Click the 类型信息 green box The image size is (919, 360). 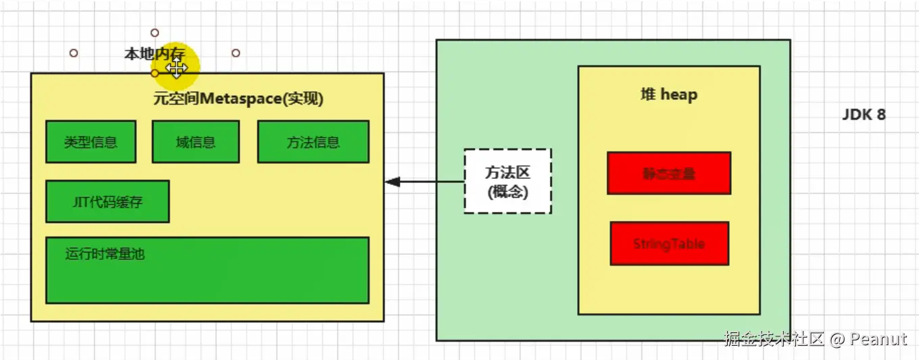click(91, 142)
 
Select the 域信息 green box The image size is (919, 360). click(195, 142)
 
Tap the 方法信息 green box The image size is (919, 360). click(313, 142)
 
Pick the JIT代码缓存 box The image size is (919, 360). click(107, 201)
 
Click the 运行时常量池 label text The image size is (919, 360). click(105, 254)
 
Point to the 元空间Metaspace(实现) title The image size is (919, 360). click(239, 99)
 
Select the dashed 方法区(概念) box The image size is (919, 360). click(507, 181)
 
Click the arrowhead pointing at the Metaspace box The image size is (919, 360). click(392, 182)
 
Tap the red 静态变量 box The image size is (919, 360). click(668, 174)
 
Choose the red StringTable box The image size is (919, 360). click(669, 243)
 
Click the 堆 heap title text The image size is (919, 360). click(668, 95)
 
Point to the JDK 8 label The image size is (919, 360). click(864, 115)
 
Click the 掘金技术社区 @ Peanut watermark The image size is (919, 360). click(815, 338)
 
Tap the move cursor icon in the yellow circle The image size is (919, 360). click(176, 68)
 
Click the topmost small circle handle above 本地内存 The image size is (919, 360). click(155, 32)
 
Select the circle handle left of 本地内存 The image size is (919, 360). click(74, 53)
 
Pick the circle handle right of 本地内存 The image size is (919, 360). click(236, 53)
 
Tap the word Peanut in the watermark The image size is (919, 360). click(878, 338)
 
